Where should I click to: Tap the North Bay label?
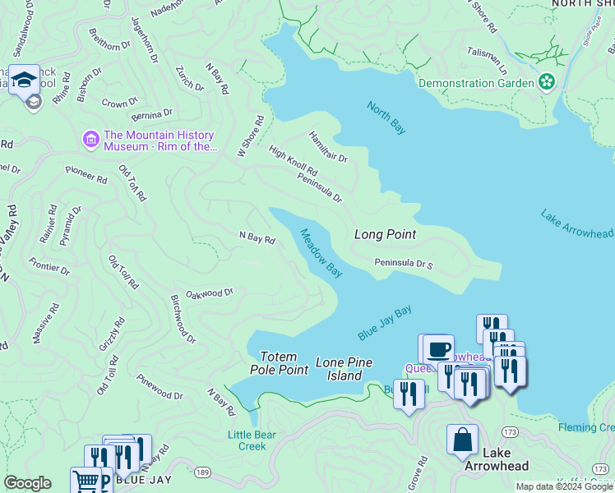point(386,117)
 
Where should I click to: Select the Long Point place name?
point(385,234)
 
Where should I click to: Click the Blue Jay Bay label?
point(385,324)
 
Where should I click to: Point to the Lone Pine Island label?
point(344,369)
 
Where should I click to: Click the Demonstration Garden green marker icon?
point(546,82)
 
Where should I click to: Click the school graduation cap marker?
point(24,80)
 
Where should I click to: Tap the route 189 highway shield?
point(202,471)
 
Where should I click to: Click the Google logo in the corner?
point(27,483)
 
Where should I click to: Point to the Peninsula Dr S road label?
point(404,264)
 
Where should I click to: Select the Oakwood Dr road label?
point(210,293)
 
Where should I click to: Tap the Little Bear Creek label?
point(247,440)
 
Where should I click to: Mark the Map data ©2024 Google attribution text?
point(564,486)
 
